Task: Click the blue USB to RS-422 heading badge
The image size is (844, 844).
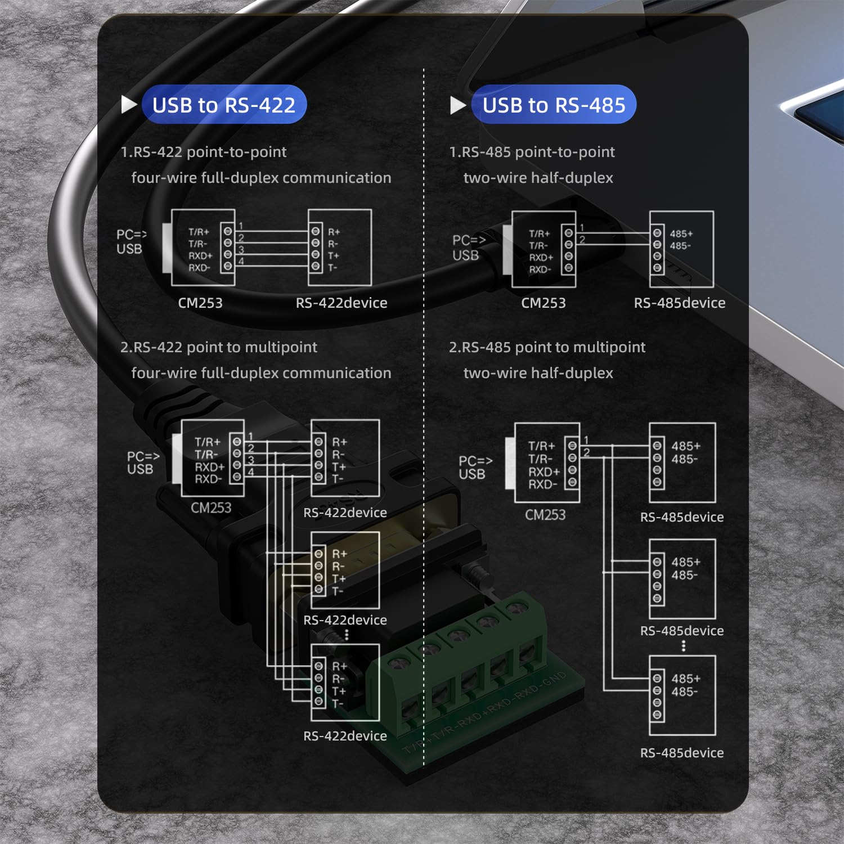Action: tap(224, 105)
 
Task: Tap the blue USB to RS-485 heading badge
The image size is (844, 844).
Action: tap(554, 105)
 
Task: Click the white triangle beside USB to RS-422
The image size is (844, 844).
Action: tap(129, 104)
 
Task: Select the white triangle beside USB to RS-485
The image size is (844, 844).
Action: tap(458, 105)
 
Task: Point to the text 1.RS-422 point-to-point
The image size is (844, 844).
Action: tap(204, 152)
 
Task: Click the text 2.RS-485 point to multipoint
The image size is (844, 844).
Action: tap(547, 347)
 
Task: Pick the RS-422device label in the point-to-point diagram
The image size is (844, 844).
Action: tap(342, 303)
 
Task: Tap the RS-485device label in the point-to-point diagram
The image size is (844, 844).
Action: tap(679, 303)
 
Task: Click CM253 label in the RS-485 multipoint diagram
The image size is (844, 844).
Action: tap(545, 514)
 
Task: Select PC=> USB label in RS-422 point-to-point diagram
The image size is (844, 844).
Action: tap(131, 241)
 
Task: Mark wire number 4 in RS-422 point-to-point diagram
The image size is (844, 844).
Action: tap(241, 262)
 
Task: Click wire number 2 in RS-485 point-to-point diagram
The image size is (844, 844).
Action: tap(582, 240)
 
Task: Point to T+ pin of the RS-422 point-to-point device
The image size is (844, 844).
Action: tap(334, 255)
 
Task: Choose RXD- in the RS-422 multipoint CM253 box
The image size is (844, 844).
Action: tap(208, 479)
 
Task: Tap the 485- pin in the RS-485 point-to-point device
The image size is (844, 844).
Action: tap(680, 246)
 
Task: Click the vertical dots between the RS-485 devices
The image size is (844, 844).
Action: tap(684, 646)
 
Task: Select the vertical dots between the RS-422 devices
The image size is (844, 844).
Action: tap(347, 635)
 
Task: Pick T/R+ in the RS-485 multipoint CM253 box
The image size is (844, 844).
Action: tap(541, 446)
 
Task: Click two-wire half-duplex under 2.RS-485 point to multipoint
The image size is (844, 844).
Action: tap(538, 373)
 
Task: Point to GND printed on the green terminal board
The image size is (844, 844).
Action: tap(554, 682)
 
